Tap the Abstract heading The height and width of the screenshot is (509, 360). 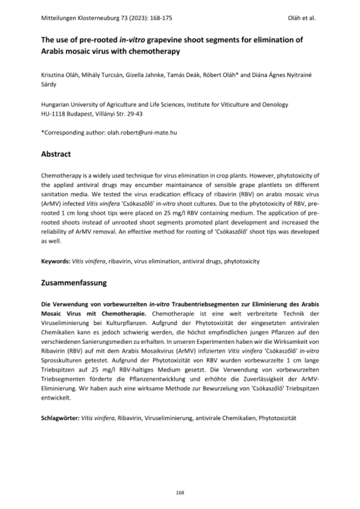56,154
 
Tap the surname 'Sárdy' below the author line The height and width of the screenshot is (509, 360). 49,84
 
